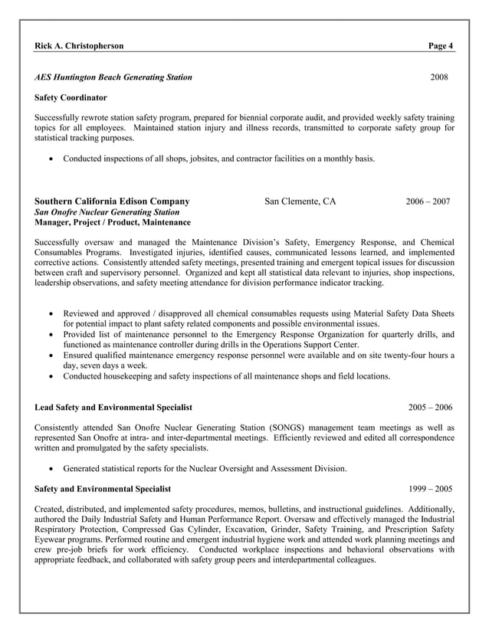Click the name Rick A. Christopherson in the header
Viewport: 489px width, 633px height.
79,46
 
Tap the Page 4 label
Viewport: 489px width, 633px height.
441,46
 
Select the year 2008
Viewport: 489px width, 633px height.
439,77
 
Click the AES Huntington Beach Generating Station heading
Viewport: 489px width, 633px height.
113,77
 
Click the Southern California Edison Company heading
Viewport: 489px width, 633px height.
112,202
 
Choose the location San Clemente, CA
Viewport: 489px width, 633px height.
300,202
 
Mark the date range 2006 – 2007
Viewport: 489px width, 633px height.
428,202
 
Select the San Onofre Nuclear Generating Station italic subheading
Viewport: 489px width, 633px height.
107,212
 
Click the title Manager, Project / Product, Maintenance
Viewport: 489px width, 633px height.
113,223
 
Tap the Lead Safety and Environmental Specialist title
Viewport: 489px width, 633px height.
113,407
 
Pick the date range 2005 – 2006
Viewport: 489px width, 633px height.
430,407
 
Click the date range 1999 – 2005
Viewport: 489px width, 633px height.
430,488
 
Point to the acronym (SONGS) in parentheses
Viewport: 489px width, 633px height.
290,427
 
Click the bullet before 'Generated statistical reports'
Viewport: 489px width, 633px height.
51,468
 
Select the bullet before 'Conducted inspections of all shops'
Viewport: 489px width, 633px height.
51,159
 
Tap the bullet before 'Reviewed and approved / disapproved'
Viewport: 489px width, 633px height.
51,314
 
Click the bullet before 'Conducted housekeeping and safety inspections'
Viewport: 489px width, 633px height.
51,376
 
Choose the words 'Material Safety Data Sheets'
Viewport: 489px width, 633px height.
402,314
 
